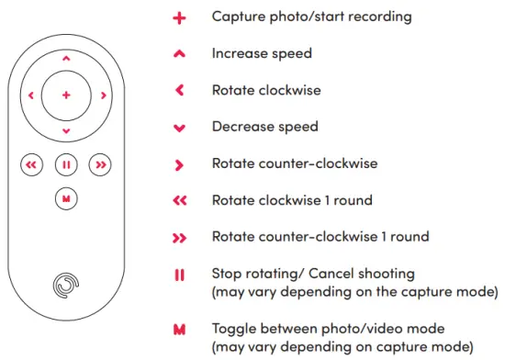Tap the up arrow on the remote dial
tap(66, 58)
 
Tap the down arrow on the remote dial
tap(66, 131)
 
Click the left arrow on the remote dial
tap(30, 95)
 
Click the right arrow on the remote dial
tap(103, 95)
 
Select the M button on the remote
tap(66, 197)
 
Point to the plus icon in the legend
tap(179, 17)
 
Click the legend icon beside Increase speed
tap(179, 54)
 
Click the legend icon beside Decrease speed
tap(179, 128)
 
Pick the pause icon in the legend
tap(179, 275)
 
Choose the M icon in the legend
tap(179, 328)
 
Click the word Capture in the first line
tap(237, 17)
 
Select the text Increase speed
tap(262, 53)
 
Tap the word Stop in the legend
tap(227, 274)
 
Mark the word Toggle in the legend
tap(235, 328)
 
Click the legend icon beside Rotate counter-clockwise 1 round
tap(179, 238)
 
